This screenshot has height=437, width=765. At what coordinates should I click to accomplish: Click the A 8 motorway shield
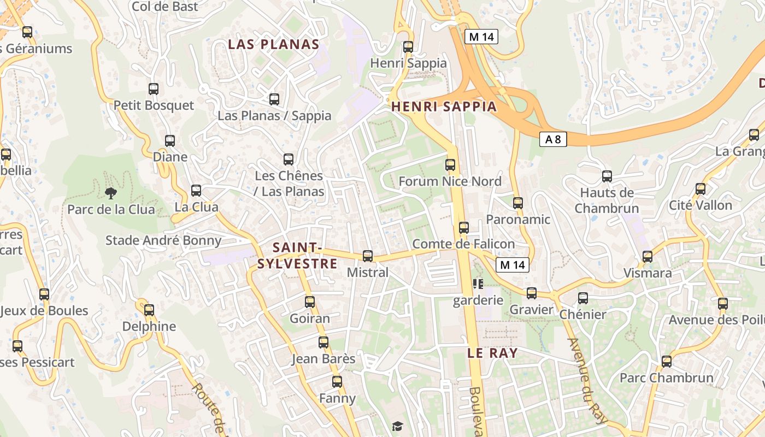tap(553, 139)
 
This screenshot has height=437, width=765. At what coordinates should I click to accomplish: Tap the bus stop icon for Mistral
tap(368, 256)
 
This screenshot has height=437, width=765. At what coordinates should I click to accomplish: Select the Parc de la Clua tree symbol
tap(111, 192)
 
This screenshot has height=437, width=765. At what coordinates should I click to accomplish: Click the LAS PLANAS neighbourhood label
tap(273, 44)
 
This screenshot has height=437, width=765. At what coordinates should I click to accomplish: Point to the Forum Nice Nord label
tap(450, 181)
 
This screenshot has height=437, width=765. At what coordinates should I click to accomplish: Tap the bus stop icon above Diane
tap(170, 141)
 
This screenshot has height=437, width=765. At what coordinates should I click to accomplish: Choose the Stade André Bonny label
tap(163, 240)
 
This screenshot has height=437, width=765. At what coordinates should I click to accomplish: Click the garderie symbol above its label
tap(478, 284)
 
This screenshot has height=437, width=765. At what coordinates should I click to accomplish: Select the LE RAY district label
tap(492, 353)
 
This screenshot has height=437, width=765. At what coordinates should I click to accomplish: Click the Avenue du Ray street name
tap(587, 381)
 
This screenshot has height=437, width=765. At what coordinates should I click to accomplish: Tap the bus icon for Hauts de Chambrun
tap(607, 176)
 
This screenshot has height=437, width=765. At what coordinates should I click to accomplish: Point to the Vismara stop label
tap(648, 273)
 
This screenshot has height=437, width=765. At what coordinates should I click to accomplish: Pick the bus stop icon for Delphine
tap(149, 310)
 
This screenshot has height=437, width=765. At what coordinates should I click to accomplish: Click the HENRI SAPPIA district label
tap(444, 107)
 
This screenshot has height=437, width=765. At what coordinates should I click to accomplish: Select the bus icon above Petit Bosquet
tap(154, 89)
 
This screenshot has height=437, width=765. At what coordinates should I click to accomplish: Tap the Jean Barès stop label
tap(323, 359)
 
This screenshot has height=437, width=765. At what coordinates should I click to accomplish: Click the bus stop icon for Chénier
tap(583, 298)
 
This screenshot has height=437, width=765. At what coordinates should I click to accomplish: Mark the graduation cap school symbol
tap(397, 426)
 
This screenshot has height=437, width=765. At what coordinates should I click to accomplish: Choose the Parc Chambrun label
tap(666, 377)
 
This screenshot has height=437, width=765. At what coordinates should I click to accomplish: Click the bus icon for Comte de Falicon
tap(464, 227)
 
